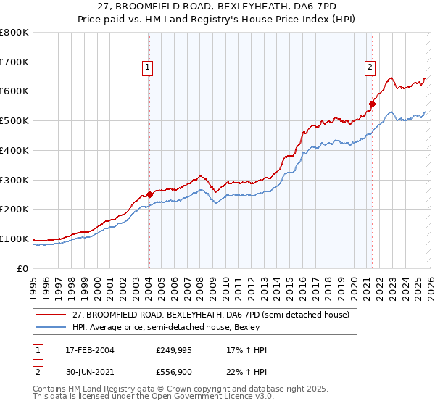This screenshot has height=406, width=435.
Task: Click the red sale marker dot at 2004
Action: coord(149,194)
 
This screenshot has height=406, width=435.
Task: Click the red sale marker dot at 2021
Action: coord(372,104)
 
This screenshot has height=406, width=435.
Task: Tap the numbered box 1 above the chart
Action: coord(147,67)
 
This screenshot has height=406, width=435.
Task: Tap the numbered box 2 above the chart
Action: coord(370,67)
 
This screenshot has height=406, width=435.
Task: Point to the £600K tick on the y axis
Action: coord(14,91)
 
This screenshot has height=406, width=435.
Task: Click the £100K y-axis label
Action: coord(14,239)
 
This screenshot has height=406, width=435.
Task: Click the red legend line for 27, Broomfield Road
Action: coord(51,315)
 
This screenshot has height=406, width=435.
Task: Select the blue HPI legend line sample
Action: coord(51,327)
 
